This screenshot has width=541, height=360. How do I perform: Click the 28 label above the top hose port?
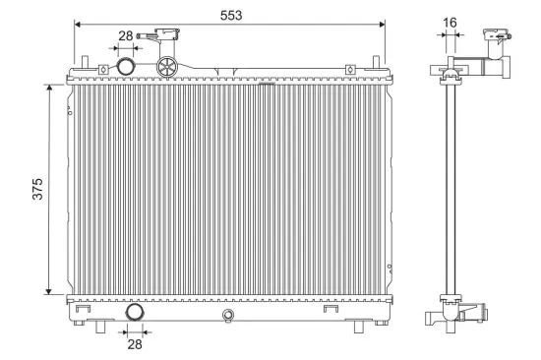coord(126,35)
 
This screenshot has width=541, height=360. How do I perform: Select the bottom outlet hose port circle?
coord(133,314)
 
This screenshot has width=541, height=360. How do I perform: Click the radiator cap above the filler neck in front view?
coord(163,39)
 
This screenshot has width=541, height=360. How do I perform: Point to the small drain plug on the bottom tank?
coord(228,315)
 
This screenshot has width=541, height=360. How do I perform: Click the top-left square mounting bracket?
coord(102,69)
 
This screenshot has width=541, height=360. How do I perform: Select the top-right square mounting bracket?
coord(351,69)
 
